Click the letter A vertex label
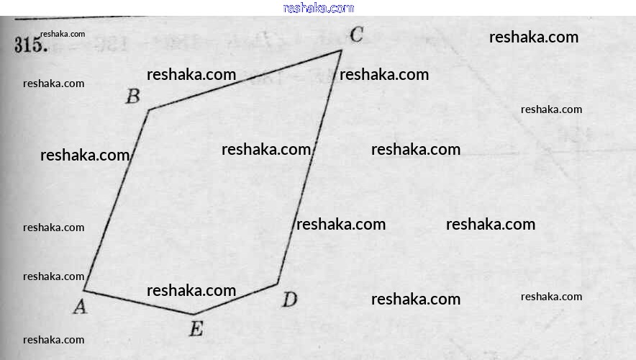click(x=80, y=307)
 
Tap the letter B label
click(x=132, y=96)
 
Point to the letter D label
click(x=289, y=300)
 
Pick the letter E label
click(x=196, y=330)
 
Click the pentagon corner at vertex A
click(x=85, y=291)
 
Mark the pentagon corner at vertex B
click(x=149, y=110)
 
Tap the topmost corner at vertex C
click(x=341, y=50)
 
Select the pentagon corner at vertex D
click(x=278, y=284)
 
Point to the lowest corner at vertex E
click(x=193, y=314)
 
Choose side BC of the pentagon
click(x=245, y=80)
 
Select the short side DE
click(x=236, y=299)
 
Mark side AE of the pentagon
click(x=138, y=302)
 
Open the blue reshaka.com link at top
click(x=319, y=8)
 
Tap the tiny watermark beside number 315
click(x=63, y=34)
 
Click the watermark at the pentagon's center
click(x=266, y=150)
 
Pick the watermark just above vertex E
click(x=191, y=291)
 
